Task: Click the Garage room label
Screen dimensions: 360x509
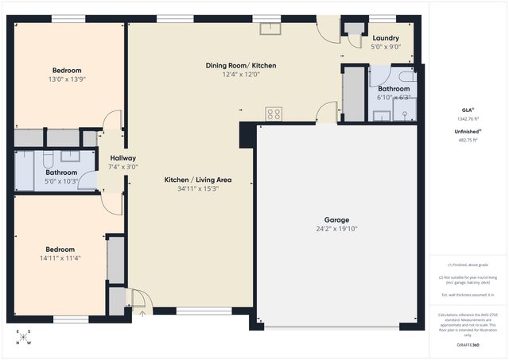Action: tap(336, 220)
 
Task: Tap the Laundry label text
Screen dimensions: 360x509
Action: tap(386, 37)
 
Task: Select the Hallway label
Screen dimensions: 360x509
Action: tap(123, 158)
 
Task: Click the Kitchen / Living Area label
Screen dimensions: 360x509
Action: tap(198, 180)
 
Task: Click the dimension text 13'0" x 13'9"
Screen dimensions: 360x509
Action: tap(68, 79)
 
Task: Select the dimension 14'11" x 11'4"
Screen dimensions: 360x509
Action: tap(60, 257)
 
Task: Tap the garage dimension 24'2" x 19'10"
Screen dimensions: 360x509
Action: tap(336, 230)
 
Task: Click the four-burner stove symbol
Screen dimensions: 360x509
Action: tap(274, 114)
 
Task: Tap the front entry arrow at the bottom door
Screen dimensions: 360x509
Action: tap(142, 313)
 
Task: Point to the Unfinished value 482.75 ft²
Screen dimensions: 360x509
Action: tap(467, 140)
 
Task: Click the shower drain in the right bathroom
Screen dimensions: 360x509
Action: tap(405, 114)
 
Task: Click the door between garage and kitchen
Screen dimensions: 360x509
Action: tap(326, 114)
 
